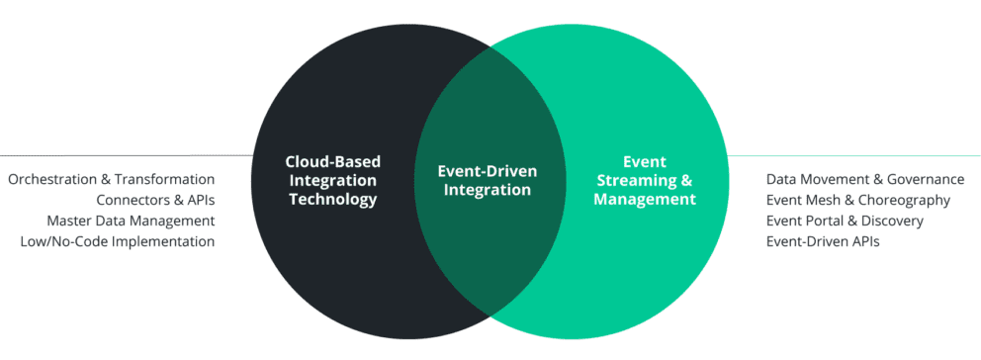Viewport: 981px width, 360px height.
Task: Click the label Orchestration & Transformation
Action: pos(111,180)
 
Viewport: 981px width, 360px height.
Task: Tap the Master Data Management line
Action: pos(131,221)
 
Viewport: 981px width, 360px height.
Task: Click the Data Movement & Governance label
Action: pos(864,180)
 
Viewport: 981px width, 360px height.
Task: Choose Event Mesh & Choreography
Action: pos(857,201)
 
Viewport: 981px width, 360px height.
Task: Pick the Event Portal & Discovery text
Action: pos(844,221)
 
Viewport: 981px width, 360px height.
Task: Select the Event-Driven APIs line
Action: pos(822,241)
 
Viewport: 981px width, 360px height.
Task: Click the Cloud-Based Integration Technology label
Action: pos(332,180)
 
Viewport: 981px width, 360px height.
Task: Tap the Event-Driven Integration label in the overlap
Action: pos(488,180)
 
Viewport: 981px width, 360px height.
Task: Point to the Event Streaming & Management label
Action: pos(645,180)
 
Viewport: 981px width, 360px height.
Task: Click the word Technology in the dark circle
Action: pos(332,199)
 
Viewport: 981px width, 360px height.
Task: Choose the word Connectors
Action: pos(129,201)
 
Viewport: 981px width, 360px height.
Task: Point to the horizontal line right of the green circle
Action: pos(860,155)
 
